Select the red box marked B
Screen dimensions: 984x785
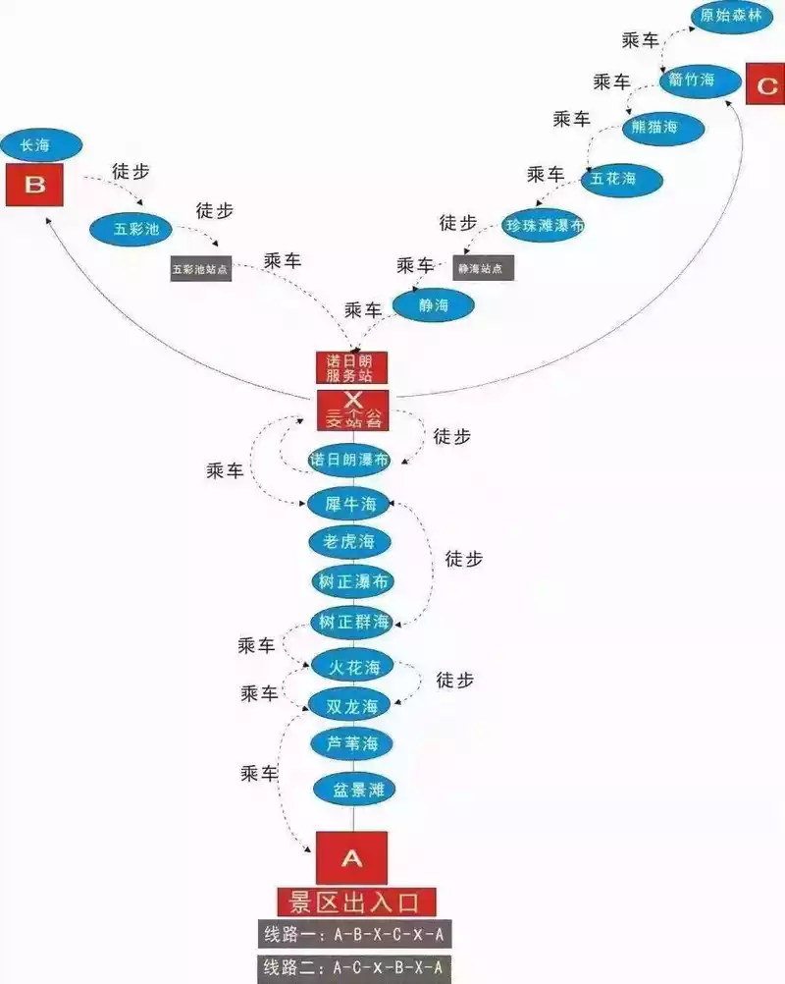click(x=35, y=185)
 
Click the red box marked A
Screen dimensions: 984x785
click(x=351, y=857)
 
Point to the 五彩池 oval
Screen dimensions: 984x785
click(x=131, y=230)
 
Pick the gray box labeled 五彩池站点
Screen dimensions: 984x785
click(x=201, y=268)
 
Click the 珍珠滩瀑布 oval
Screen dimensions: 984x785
click(x=545, y=225)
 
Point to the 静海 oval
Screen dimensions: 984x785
click(x=434, y=305)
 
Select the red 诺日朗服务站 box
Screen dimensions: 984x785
click(x=351, y=367)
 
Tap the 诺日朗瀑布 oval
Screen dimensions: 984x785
click(x=349, y=460)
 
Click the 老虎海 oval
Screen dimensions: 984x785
click(x=350, y=541)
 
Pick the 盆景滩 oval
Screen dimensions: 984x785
click(x=351, y=790)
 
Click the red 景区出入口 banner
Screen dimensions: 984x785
click(x=356, y=901)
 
